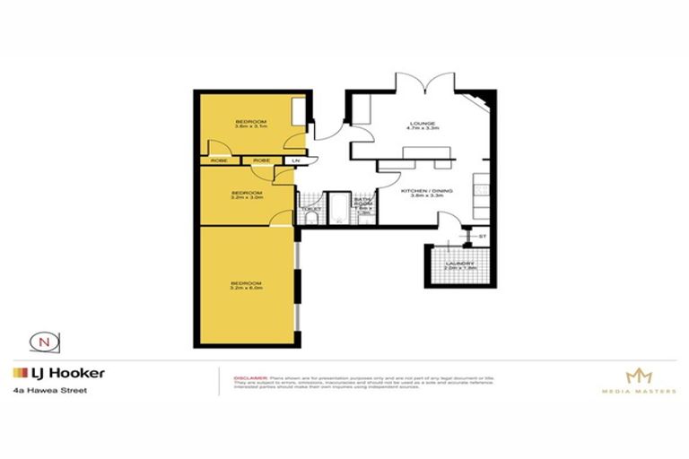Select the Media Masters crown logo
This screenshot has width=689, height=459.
click(x=640, y=377)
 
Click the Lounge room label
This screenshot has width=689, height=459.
click(x=423, y=126)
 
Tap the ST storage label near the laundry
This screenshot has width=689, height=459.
click(x=482, y=236)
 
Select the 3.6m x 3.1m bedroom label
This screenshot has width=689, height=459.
click(x=251, y=124)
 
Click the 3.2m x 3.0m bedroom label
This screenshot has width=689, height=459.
click(x=247, y=195)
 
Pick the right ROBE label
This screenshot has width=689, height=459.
click(x=262, y=160)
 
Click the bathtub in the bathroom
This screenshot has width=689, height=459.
click(x=337, y=208)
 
